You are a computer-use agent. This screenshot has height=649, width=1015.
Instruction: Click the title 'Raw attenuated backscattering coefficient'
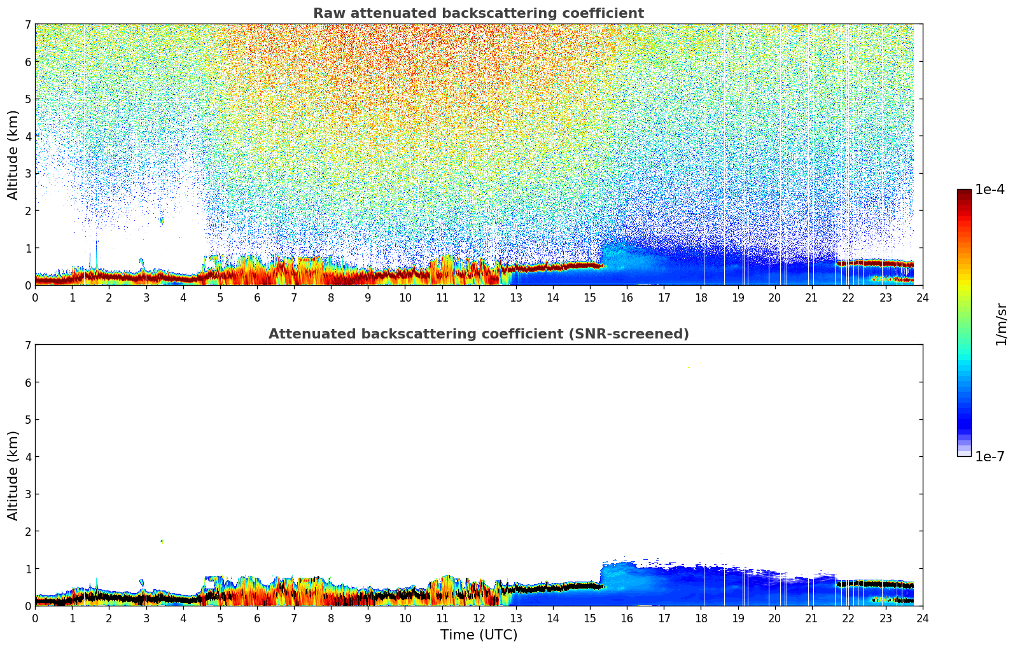(x=478, y=13)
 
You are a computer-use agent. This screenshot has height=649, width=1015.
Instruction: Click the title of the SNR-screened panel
(x=478, y=334)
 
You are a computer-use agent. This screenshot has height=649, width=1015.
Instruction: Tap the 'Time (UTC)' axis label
(x=479, y=635)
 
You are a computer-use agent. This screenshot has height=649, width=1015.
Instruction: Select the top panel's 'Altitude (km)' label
(x=13, y=155)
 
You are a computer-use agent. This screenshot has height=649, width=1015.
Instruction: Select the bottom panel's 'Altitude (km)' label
(x=13, y=475)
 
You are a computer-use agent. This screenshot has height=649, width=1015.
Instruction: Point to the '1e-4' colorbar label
(x=990, y=190)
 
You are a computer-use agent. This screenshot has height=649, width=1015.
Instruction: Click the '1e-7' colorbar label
(x=990, y=457)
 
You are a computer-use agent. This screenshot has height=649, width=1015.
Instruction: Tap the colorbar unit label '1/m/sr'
(x=1001, y=324)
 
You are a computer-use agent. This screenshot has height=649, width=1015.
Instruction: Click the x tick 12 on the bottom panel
(x=479, y=618)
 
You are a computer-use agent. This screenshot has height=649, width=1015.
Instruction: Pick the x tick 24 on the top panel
(x=923, y=297)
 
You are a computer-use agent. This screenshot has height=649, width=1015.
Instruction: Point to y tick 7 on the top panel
(x=27, y=24)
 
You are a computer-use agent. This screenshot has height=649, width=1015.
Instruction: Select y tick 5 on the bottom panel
(x=27, y=419)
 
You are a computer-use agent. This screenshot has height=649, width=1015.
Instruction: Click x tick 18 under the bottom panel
(x=701, y=618)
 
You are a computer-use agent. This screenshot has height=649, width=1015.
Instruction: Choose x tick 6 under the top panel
(x=257, y=297)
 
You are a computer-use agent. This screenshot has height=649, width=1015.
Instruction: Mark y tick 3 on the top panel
(x=27, y=173)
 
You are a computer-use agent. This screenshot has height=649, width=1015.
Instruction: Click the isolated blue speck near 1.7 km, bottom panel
(x=162, y=541)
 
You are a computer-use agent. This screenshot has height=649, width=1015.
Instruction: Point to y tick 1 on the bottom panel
(x=27, y=568)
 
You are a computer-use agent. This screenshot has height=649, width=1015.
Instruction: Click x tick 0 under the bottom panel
(x=35, y=618)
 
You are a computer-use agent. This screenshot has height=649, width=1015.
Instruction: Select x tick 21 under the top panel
(x=811, y=297)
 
